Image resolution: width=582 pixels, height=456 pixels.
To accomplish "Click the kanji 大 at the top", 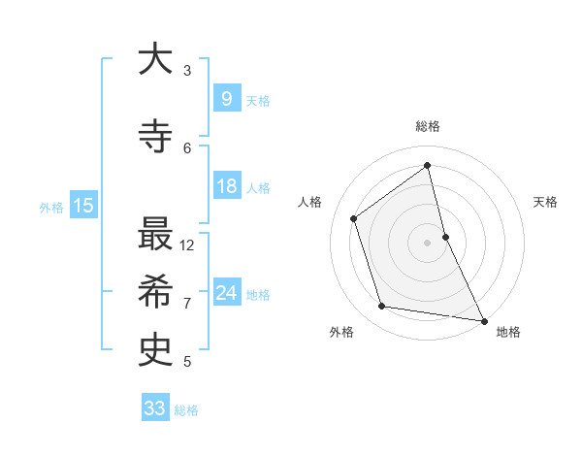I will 155,60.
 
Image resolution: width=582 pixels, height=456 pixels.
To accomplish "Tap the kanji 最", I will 155,235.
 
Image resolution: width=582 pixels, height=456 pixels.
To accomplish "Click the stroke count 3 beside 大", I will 187,70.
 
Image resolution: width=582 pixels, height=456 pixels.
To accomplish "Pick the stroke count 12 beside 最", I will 187,244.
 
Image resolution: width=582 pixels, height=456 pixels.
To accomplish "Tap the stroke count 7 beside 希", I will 187,303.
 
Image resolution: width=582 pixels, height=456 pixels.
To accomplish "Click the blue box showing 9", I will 226,99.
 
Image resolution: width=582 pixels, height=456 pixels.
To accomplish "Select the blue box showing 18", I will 226,187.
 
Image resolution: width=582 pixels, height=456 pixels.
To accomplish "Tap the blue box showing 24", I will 226,293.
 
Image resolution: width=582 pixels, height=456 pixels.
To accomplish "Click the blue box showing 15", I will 82,206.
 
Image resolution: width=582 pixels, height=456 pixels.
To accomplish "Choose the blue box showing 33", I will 153,408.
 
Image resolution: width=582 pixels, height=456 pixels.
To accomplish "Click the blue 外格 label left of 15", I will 50,207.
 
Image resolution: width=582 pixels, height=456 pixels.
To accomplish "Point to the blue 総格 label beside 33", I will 186,410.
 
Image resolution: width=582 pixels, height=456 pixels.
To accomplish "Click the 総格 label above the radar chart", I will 428,126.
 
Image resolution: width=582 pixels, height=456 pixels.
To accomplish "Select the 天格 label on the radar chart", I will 545,202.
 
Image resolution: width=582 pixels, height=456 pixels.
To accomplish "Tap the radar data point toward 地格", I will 483,319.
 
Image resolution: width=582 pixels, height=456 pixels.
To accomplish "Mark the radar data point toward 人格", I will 354,218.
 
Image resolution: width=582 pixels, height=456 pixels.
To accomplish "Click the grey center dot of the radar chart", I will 427,242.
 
